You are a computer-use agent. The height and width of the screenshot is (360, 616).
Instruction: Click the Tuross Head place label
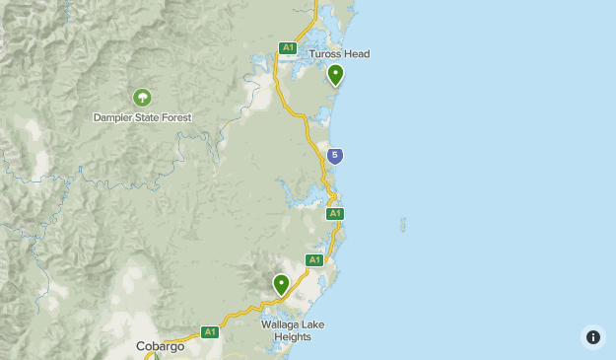[x=339, y=54]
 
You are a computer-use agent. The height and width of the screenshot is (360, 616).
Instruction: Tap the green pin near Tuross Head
[x=336, y=74]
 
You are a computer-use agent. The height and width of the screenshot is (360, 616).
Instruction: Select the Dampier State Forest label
[x=142, y=117]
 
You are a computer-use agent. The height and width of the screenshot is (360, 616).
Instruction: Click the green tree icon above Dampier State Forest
[x=142, y=97]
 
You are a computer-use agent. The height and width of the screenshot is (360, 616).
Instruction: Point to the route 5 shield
[x=335, y=155]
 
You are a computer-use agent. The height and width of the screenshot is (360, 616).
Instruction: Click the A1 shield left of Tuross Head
[x=288, y=47]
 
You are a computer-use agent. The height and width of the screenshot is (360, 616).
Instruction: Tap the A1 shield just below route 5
[x=335, y=213]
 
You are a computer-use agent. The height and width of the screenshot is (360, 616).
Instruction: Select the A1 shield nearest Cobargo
[x=209, y=332]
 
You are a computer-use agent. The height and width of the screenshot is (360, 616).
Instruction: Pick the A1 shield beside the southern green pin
[x=314, y=260]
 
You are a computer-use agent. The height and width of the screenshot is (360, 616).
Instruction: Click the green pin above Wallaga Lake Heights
[x=282, y=284]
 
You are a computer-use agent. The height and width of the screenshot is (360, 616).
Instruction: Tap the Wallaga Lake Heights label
[x=293, y=330]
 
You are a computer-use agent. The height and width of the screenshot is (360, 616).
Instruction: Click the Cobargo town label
[x=160, y=346]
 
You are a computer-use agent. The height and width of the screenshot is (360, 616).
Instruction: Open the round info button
[x=592, y=336]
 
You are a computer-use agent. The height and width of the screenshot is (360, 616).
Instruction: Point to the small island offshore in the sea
[x=402, y=225]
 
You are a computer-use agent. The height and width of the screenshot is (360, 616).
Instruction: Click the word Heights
[x=293, y=337]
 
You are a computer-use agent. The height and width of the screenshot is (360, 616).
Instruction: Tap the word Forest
[x=174, y=117]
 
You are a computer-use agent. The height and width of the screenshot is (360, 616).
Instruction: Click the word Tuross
[x=325, y=54]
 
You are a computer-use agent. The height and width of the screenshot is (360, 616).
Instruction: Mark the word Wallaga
[x=280, y=324]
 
